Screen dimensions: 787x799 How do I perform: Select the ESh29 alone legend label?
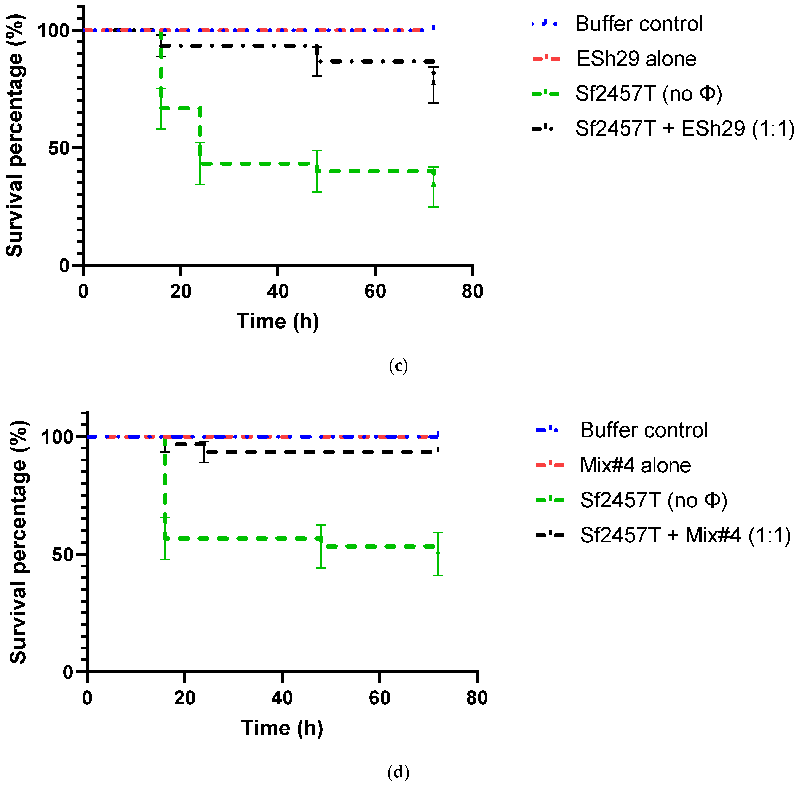[x=636, y=59]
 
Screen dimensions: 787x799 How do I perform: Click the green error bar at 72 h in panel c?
[x=433, y=187]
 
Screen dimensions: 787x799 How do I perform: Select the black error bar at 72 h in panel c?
[x=433, y=85]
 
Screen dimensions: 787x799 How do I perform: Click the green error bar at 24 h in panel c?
[x=200, y=163]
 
